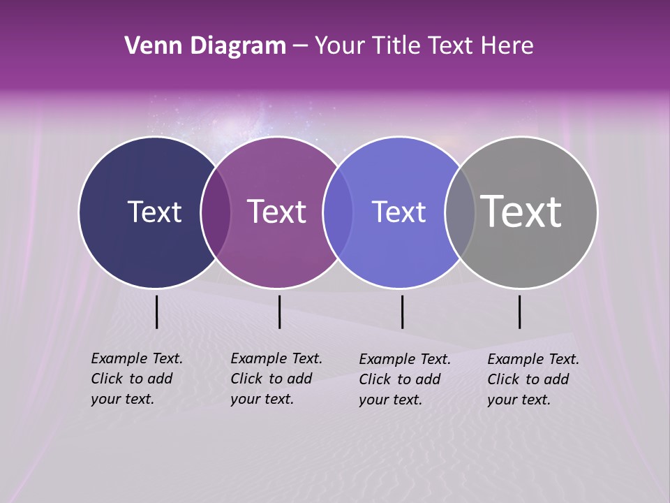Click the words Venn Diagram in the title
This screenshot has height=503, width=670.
pyautogui.click(x=205, y=46)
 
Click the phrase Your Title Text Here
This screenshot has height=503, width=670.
pyautogui.click(x=424, y=46)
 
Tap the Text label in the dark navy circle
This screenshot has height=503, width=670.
pyautogui.click(x=154, y=212)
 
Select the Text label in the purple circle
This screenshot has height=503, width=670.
pyautogui.click(x=276, y=212)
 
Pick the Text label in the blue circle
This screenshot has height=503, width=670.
pyautogui.click(x=399, y=212)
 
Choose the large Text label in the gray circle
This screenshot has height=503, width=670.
pyautogui.click(x=521, y=212)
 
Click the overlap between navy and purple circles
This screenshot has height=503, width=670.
pyautogui.click(x=216, y=212)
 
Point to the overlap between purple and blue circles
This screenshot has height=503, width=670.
pyautogui.click(x=338, y=212)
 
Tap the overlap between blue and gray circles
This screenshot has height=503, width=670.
pyautogui.click(x=460, y=212)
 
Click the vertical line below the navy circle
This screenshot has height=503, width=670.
pyautogui.click(x=156, y=312)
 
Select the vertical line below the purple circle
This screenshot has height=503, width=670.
pyautogui.click(x=279, y=312)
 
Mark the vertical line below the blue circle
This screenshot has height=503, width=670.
pyautogui.click(x=402, y=312)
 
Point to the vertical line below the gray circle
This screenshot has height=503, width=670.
pyautogui.click(x=519, y=312)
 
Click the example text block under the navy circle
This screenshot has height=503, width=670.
pyautogui.click(x=137, y=379)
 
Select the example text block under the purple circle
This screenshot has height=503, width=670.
pyautogui.click(x=276, y=379)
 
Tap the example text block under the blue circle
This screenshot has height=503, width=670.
pyautogui.click(x=405, y=379)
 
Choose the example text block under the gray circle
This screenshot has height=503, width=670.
pyautogui.click(x=533, y=379)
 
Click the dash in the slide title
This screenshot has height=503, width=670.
pyautogui.click(x=300, y=46)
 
